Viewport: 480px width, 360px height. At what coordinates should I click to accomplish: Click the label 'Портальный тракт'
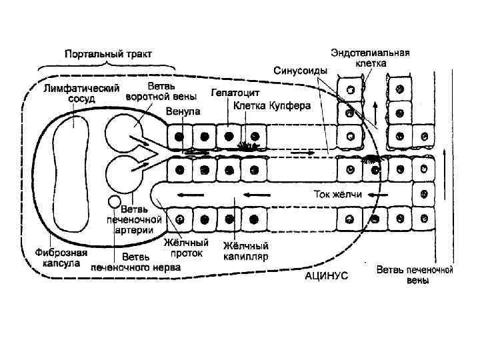click(108, 53)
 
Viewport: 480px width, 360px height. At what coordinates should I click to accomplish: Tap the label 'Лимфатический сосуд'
click(81, 93)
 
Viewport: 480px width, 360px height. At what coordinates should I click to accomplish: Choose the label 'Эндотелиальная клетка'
click(371, 57)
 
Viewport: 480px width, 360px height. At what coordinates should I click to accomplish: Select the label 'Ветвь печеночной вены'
click(415, 275)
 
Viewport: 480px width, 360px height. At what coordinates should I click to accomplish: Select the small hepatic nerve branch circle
click(115, 201)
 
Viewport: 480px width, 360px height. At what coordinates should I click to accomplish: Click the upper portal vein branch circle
click(120, 130)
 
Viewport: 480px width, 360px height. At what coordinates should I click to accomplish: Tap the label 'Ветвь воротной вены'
click(153, 92)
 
